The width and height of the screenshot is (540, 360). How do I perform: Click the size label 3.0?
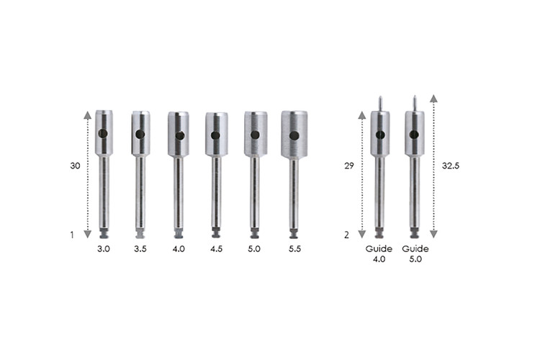[x=103, y=248]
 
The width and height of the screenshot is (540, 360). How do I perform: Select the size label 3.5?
[x=140, y=248]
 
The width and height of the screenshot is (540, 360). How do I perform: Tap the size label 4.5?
[x=216, y=248]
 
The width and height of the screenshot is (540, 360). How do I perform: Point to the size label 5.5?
[x=294, y=248]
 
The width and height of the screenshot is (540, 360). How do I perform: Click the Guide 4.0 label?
[x=379, y=254]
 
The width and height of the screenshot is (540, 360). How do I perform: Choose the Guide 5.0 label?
[x=415, y=254]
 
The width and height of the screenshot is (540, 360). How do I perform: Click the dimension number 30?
[x=75, y=166]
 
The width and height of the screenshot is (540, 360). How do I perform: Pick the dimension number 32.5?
[x=451, y=166]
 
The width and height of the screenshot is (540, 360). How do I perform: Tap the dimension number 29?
[x=349, y=166]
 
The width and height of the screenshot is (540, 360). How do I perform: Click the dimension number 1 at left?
[x=72, y=235]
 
